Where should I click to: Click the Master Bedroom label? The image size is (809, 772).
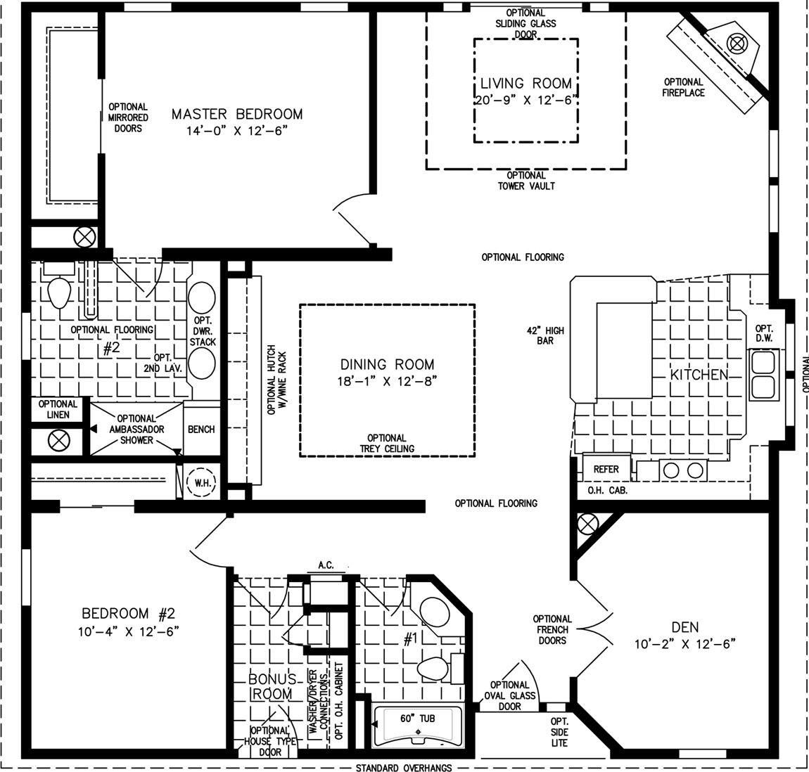click(237, 114)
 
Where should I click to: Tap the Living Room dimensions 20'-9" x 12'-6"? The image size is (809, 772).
click(525, 100)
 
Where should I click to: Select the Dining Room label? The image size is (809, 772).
click(387, 365)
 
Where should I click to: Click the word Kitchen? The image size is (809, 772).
click(699, 375)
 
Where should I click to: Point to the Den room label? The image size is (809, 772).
click(685, 627)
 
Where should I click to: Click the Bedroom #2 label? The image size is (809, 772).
click(129, 614)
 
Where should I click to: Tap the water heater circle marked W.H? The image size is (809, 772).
click(201, 483)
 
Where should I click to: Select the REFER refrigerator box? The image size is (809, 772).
click(606, 469)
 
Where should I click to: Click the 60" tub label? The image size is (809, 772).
click(417, 719)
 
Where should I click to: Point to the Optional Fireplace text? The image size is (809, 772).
click(684, 87)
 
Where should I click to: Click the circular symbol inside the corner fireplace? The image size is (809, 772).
click(737, 44)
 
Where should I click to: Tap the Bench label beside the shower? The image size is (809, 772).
click(201, 429)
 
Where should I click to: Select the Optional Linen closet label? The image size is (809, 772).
click(58, 409)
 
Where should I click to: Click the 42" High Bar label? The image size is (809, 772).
click(545, 335)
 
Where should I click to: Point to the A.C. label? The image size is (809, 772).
click(326, 565)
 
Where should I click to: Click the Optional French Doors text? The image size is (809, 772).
click(552, 630)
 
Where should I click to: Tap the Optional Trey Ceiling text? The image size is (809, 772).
click(387, 444)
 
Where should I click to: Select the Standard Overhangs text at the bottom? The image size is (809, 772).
click(404, 768)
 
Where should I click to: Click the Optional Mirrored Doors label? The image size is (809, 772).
click(128, 117)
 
